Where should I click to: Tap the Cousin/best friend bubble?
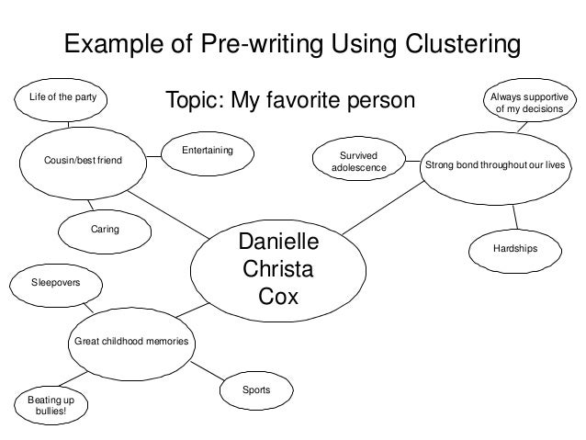coord(82,160)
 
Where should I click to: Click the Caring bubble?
coord(104,227)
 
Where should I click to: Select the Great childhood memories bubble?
coord(130,342)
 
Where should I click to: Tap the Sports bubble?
coord(256,390)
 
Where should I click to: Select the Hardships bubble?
coord(514,248)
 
